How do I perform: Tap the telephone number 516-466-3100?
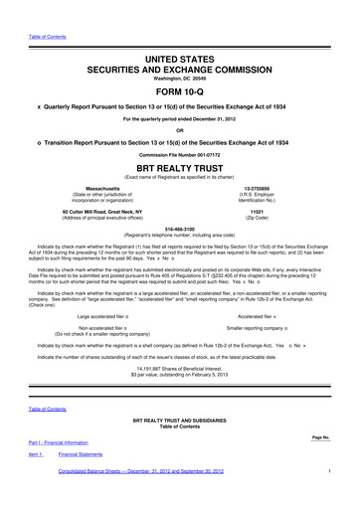pyautogui.click(x=180, y=228)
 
